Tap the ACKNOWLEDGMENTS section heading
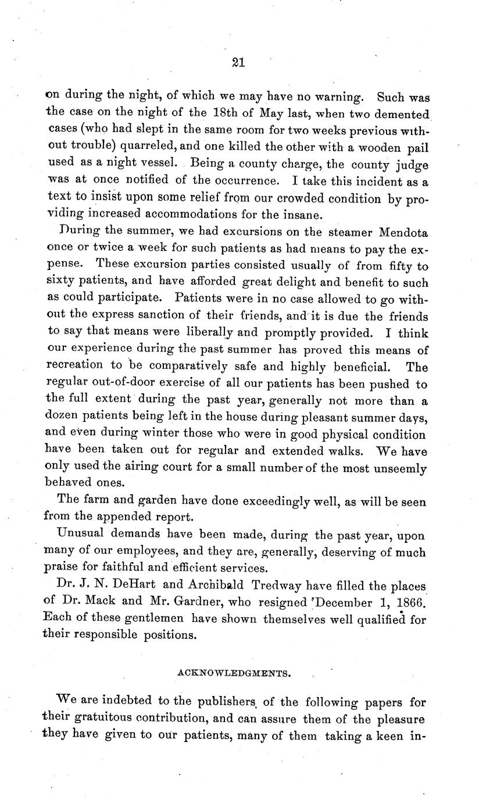(x=234, y=673)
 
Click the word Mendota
(x=403, y=233)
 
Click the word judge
(x=412, y=165)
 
